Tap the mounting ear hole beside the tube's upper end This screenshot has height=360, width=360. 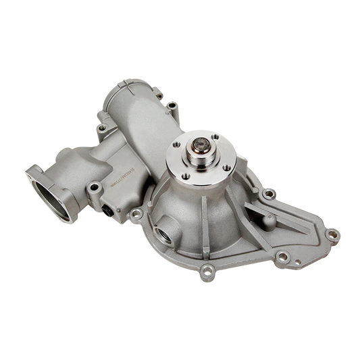(174, 105)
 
